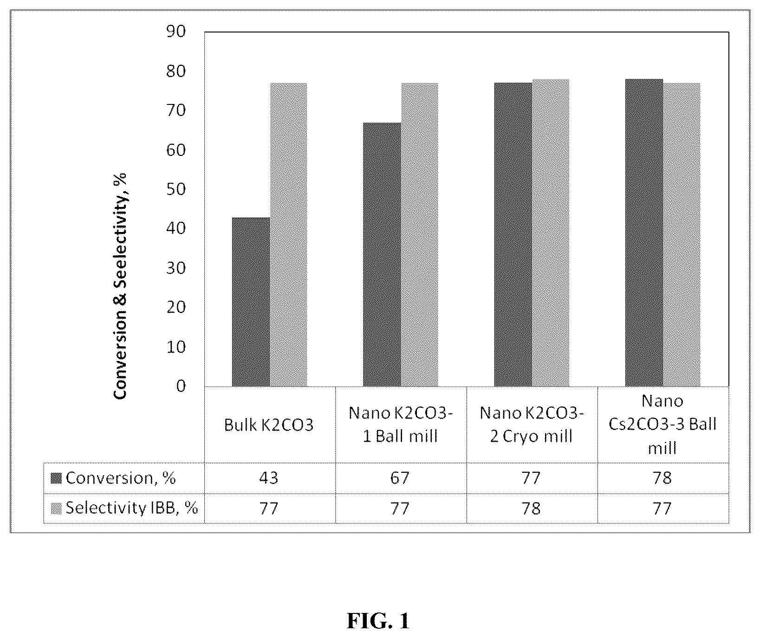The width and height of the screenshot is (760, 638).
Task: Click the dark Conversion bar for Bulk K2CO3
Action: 251,302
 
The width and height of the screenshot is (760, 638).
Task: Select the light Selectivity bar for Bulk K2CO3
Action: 288,235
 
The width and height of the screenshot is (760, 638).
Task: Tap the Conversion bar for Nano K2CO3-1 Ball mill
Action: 382,255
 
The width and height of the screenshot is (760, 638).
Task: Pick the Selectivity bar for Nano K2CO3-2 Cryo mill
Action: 551,233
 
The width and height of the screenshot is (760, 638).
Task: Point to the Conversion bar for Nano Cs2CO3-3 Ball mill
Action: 644,233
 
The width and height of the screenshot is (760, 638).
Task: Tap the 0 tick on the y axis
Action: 180,386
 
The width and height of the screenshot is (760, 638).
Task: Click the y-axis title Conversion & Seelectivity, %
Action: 120,286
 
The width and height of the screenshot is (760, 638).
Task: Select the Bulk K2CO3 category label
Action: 269,425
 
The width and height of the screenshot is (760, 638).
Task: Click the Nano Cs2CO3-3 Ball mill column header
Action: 663,424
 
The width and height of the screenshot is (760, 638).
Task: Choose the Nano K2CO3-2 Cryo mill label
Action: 531,424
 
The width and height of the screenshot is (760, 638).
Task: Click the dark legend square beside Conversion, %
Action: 57,478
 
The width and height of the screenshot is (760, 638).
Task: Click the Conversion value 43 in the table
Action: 269,478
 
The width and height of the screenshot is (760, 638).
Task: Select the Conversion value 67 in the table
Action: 400,478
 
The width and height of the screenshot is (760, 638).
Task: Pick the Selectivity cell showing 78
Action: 531,509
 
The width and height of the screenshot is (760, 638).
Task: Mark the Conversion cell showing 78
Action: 662,478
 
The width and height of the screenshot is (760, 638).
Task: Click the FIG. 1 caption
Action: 378,621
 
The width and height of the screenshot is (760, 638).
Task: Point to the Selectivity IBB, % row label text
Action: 132,508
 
